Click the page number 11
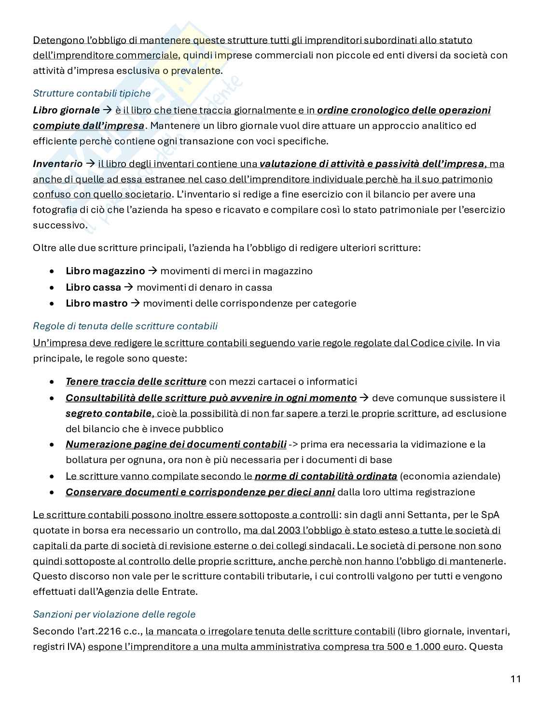click(515, 679)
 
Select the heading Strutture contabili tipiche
click(92, 93)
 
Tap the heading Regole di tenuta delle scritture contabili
click(125, 326)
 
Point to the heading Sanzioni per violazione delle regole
click(114, 614)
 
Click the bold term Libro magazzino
click(105, 271)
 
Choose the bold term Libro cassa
click(93, 287)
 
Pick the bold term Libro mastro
click(97, 303)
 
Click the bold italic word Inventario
click(57, 164)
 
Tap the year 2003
click(288, 530)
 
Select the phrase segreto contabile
click(109, 413)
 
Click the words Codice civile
click(440, 343)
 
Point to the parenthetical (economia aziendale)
click(450, 476)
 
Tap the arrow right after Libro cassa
click(128, 287)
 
